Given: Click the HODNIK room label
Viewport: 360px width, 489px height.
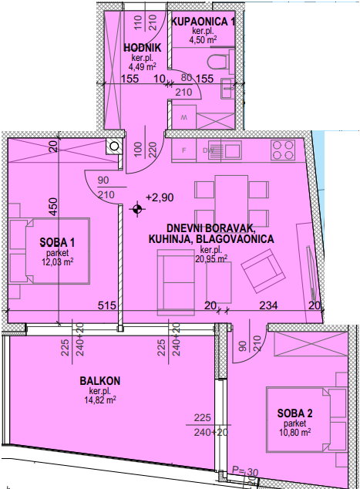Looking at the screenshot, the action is point(143,48).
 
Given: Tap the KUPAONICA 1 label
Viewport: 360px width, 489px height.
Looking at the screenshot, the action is point(203,22).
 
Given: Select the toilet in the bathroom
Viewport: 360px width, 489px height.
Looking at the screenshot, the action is point(220,62).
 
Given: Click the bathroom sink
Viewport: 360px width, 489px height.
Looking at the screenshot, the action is point(227,88).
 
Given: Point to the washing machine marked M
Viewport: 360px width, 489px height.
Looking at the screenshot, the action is point(184,117).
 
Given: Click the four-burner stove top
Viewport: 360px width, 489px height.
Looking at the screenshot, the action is point(283,150).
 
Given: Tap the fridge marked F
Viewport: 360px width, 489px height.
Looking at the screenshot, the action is point(184,150).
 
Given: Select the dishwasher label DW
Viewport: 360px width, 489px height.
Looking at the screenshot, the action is point(207,150).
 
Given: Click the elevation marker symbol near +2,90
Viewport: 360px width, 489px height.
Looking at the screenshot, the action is point(137,209).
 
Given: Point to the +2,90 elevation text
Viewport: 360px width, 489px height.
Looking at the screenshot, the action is point(160,197).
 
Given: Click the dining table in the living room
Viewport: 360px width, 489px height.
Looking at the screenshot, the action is point(231,202).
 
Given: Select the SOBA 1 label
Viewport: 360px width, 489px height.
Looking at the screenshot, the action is point(57,242).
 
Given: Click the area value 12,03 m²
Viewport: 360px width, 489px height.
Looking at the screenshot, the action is point(58,261).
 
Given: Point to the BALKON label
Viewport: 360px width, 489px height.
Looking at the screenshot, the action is point(99,381).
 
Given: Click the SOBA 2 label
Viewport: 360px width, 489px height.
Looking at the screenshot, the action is point(294,413).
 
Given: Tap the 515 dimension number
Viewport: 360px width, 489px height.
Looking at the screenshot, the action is point(106,305).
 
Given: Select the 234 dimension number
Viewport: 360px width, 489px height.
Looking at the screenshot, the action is point(268,305).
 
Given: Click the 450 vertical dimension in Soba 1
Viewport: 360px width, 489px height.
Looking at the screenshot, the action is point(54,207).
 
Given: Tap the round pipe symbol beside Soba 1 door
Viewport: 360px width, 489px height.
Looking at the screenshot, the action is point(114,146).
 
